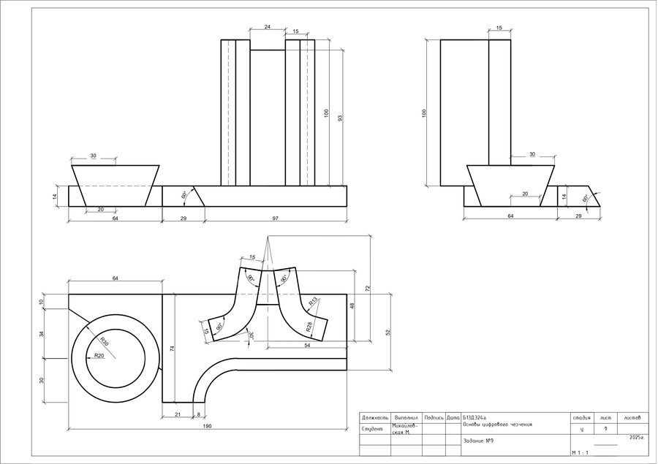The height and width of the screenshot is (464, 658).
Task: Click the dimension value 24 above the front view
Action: click(x=267, y=26)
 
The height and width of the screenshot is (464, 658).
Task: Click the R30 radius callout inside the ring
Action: click(x=104, y=341)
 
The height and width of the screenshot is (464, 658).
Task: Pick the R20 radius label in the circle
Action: click(x=99, y=356)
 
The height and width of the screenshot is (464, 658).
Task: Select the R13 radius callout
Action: click(x=313, y=300)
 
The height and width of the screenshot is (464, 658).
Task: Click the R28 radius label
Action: click(x=309, y=327)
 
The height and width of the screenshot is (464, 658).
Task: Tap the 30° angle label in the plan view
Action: click(x=251, y=335)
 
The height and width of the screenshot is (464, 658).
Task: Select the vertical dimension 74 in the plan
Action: click(x=172, y=349)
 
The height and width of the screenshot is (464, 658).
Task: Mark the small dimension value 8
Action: click(x=198, y=414)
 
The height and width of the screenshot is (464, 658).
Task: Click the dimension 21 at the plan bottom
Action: click(x=178, y=414)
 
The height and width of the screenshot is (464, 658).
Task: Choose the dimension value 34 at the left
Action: click(x=42, y=333)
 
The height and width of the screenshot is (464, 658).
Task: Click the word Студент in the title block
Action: click(x=372, y=430)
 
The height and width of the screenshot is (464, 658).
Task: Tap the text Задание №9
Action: click(x=479, y=441)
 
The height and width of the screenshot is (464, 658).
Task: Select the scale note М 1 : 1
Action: click(x=581, y=453)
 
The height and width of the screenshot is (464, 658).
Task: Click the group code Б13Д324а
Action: click(x=475, y=417)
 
